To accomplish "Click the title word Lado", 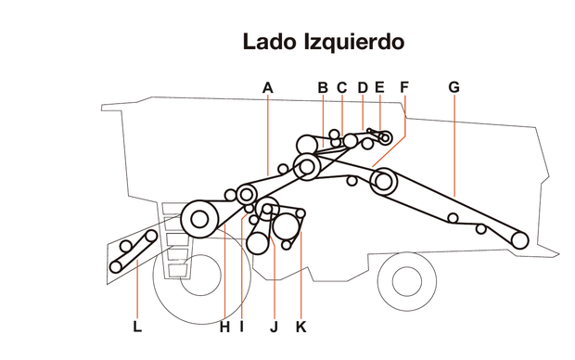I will [x=269, y=42].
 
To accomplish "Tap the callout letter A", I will [x=267, y=87].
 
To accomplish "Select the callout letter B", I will [x=323, y=87].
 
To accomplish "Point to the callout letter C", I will [x=341, y=87].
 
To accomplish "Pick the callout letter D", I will [x=362, y=87].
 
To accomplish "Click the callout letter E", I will [x=378, y=87].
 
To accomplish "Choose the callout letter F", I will [x=404, y=87].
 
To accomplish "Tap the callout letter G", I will [x=454, y=87].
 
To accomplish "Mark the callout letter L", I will [x=137, y=327].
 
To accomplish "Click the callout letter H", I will [x=224, y=327].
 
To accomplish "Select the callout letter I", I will [x=241, y=327].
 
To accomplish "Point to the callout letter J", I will [x=274, y=327].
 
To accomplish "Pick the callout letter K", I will [x=300, y=327].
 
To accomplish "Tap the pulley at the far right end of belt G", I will [x=519, y=239].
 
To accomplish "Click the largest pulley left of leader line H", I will [x=198, y=219].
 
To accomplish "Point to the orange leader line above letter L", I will [x=137, y=288].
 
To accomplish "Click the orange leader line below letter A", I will [x=267, y=130].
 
